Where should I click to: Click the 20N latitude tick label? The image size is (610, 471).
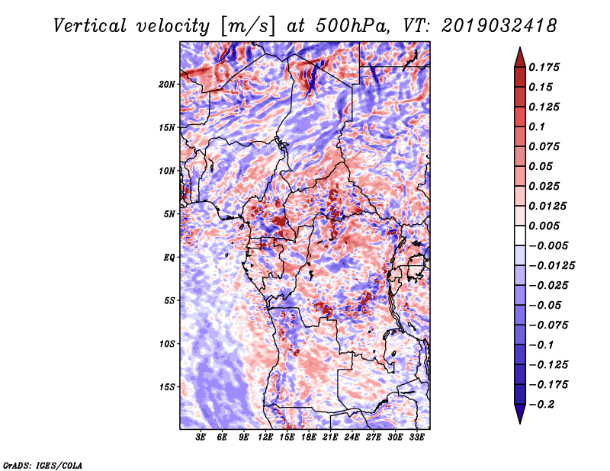[167, 84]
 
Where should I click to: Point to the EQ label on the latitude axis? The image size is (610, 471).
[169, 258]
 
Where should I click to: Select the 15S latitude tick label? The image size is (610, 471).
[167, 387]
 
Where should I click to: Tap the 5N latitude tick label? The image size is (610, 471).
[169, 214]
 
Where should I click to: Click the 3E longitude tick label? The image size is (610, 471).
[201, 439]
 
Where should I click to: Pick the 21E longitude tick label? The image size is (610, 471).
[331, 439]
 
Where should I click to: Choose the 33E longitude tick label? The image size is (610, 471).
[417, 439]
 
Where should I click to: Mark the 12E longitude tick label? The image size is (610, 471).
[266, 439]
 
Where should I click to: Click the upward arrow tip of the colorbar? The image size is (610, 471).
[519, 50]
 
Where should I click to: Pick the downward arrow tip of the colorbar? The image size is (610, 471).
[519, 421]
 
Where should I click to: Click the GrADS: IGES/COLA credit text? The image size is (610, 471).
[43, 464]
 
